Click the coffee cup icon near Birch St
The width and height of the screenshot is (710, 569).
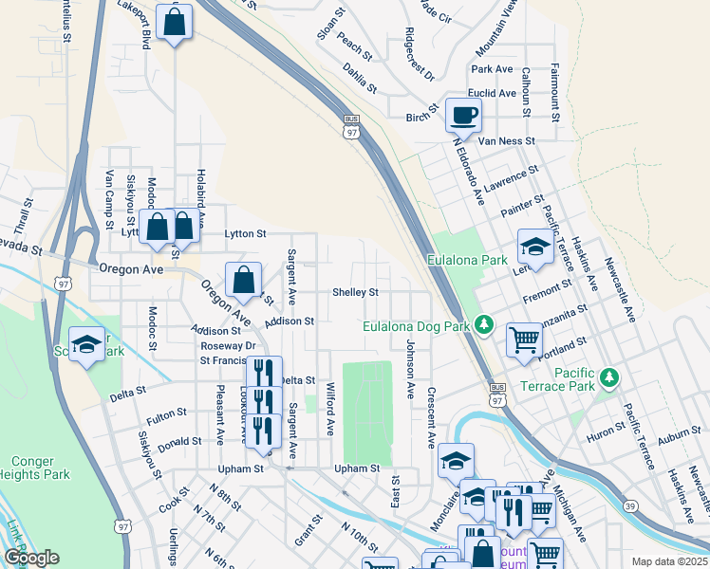point(463,116)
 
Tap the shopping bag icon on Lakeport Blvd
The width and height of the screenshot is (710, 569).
point(175,23)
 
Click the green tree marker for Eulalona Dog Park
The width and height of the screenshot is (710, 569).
point(485,326)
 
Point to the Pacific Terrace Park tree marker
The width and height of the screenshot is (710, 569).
point(608,379)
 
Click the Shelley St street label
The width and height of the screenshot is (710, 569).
point(355,292)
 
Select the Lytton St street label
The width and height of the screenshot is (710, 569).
point(245,232)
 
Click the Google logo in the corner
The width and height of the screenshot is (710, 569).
point(30,558)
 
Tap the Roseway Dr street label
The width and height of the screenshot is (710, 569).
point(222,346)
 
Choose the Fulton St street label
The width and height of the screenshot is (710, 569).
point(166,415)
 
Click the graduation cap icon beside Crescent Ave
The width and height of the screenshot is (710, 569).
point(456,461)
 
